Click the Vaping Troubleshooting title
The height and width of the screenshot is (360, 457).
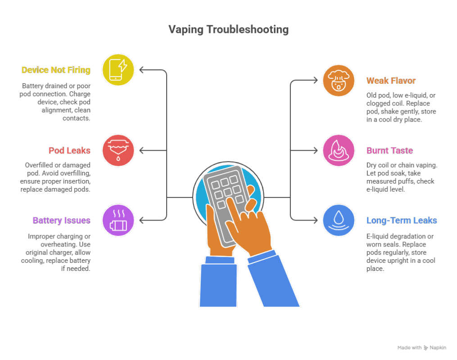tap(229, 30)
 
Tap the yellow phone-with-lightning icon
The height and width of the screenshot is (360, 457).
tap(118, 70)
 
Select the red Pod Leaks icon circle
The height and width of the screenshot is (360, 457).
tap(118, 150)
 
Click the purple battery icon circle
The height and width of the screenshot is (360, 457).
tap(118, 220)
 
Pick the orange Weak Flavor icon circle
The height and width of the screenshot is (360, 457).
tap(339, 81)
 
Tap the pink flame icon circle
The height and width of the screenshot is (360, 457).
tap(339, 150)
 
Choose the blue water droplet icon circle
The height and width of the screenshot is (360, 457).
tap(339, 220)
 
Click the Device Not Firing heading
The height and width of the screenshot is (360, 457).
tap(56, 70)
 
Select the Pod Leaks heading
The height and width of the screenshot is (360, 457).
tap(69, 150)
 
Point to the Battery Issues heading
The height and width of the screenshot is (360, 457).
tap(62, 220)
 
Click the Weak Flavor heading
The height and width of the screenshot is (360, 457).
tap(391, 81)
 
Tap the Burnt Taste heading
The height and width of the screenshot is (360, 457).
tap(389, 150)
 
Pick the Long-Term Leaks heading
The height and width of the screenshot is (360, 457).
tap(402, 220)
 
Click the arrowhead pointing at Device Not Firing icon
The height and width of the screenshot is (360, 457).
tap(141, 70)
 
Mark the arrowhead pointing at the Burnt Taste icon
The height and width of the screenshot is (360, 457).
tap(315, 150)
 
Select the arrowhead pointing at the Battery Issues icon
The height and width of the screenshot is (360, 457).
tap(141, 220)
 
